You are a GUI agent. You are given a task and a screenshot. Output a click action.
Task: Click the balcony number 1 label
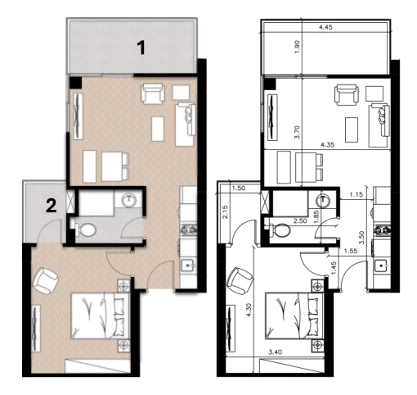coord(141,48)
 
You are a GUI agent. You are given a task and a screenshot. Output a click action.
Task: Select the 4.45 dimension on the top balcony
coord(325,27)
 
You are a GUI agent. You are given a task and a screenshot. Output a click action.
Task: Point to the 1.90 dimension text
coord(298,47)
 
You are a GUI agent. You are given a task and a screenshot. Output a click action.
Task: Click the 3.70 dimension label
coord(298,132)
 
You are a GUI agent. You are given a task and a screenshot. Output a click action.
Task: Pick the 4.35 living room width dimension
coord(327,145)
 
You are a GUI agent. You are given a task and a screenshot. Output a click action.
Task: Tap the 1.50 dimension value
coord(239,188)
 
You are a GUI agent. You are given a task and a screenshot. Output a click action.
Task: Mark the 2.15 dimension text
coord(225,212)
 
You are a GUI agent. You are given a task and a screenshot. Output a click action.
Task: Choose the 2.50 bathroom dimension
coord(300,220)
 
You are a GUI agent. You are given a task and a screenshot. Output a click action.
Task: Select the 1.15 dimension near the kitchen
coord(356,195)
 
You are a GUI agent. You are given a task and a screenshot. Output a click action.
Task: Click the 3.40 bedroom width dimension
coord(275,352)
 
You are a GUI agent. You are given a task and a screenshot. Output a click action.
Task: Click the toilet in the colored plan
coord(85,229)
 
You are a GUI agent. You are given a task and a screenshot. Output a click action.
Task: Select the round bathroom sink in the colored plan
coord(129,200)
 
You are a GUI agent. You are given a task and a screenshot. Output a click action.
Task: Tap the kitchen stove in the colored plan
coord(189,230)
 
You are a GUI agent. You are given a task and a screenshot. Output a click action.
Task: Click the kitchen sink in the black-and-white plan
coord(382,266)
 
